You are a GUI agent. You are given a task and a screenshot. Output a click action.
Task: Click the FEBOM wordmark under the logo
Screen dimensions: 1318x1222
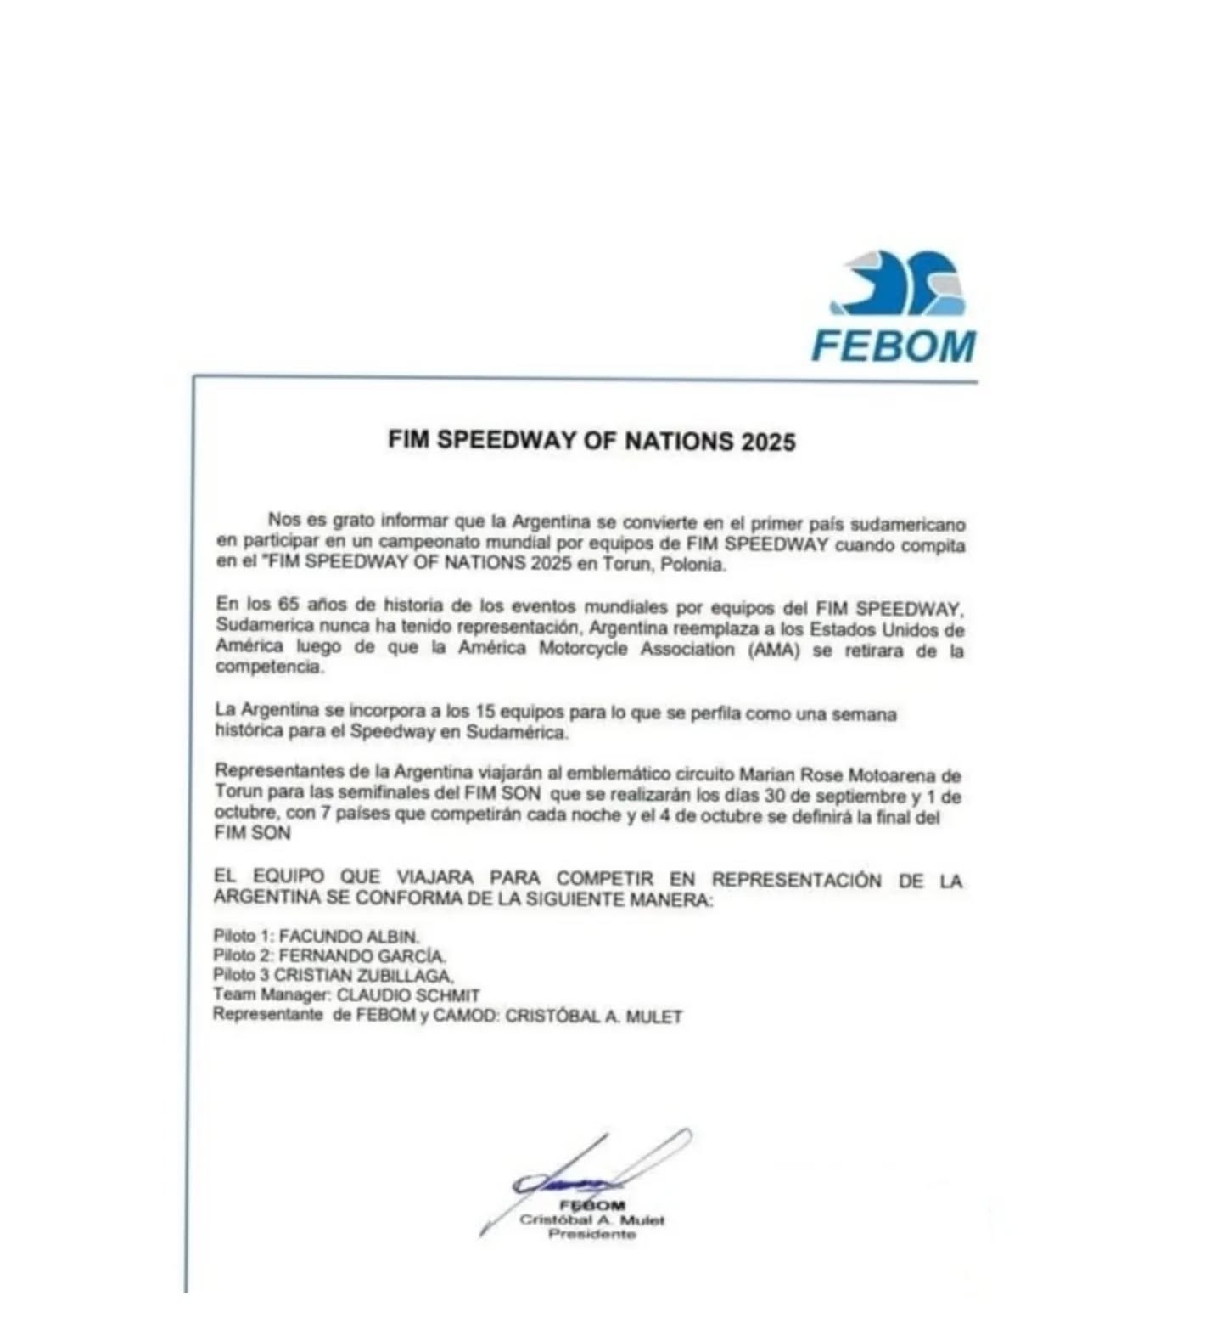pos(894,346)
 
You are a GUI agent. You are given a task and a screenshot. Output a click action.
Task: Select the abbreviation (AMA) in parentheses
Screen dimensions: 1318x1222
pos(774,650)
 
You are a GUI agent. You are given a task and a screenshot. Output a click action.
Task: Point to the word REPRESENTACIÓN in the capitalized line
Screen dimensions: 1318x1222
pos(796,880)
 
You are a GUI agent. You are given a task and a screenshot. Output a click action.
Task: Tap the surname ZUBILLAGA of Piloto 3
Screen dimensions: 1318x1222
pos(405,976)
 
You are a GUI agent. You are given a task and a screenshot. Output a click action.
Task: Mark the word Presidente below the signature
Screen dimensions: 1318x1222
pos(591,1234)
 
